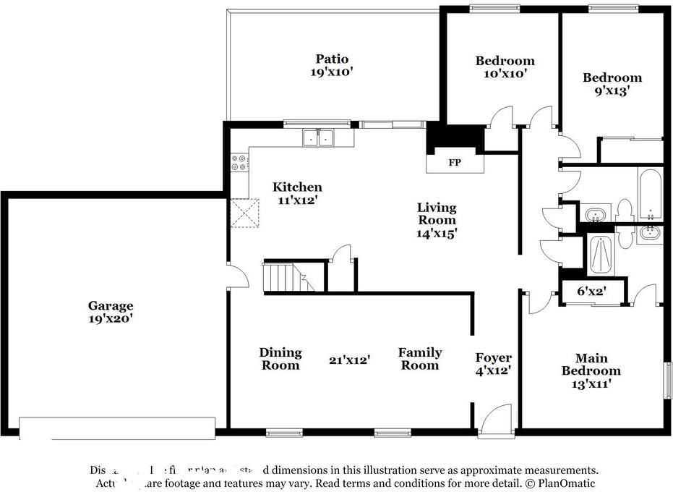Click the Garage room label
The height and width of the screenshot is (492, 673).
tap(111, 306)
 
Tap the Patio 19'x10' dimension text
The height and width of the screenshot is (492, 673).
tap(332, 72)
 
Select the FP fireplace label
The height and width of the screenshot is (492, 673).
tap(455, 163)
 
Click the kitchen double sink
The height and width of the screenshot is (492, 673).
tap(318, 136)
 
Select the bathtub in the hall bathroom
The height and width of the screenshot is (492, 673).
tap(649, 195)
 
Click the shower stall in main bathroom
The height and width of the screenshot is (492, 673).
tap(601, 255)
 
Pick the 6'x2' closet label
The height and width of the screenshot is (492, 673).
tap(591, 292)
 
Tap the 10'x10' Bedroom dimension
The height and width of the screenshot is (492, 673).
tap(505, 73)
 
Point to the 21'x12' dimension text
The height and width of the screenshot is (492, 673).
tap(350, 359)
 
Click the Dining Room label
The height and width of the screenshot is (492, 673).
tap(280, 359)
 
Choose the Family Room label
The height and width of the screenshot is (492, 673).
tap(420, 359)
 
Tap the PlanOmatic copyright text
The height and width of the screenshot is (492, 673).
tap(549, 483)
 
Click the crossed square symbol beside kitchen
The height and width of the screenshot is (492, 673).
tap(239, 213)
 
